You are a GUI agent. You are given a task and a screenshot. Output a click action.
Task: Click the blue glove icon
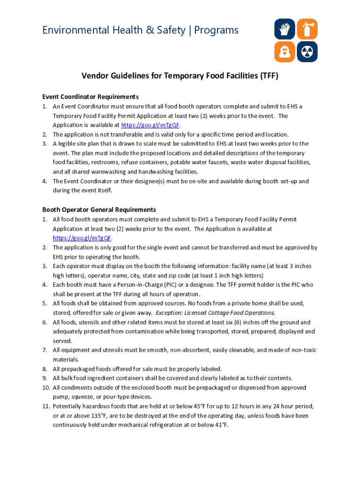(x=284, y=29)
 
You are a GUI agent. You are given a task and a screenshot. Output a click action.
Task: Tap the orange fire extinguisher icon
(x=307, y=29)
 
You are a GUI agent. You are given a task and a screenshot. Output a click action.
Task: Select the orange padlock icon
(x=284, y=51)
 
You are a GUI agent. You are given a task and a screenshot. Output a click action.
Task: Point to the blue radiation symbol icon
(x=307, y=51)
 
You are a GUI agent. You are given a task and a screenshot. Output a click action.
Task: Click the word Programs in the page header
(x=216, y=30)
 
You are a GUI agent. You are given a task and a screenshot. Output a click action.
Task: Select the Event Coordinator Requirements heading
(x=90, y=97)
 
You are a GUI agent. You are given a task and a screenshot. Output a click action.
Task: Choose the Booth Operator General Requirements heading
(x=99, y=210)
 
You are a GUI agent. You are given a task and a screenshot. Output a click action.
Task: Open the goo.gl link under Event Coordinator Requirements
(x=150, y=125)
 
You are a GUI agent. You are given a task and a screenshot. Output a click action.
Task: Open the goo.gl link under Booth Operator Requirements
(x=82, y=238)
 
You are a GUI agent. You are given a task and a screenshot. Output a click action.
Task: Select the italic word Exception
(x=170, y=312)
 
